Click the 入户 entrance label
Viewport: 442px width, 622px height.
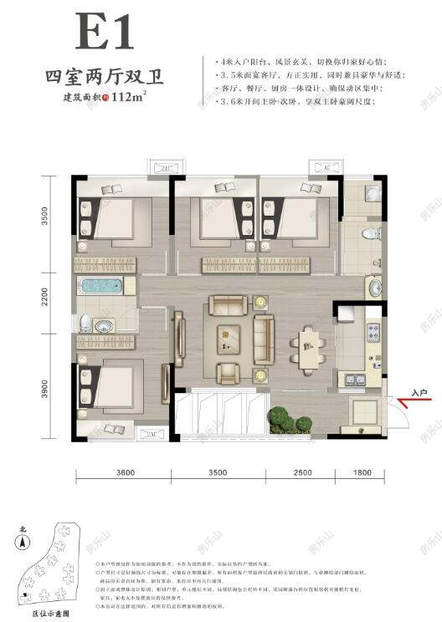click(419, 390)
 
